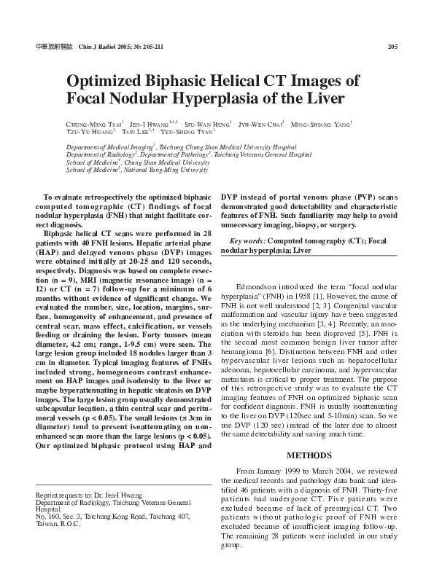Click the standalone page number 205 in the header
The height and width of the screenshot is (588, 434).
(392, 47)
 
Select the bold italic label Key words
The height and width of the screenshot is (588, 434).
(247, 240)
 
